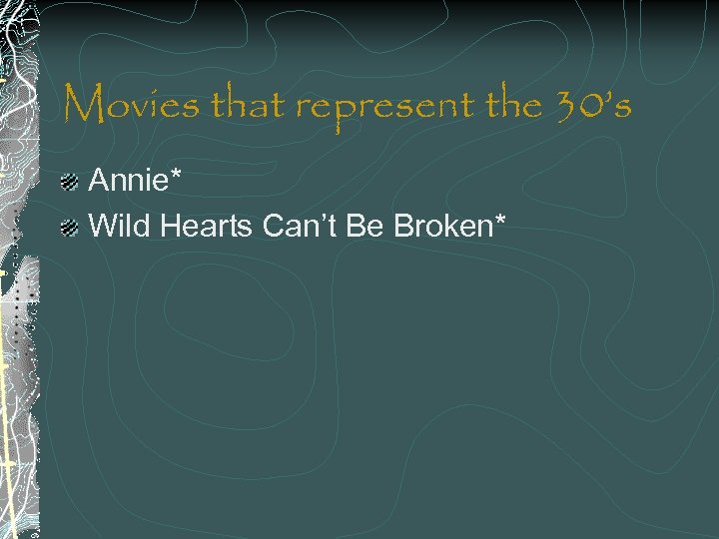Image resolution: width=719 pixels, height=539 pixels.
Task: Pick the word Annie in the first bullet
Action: pyautogui.click(x=124, y=181)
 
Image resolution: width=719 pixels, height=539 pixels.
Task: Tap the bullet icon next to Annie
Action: pyautogui.click(x=69, y=182)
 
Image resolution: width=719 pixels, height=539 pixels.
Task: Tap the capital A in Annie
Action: pyautogui.click(x=99, y=181)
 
